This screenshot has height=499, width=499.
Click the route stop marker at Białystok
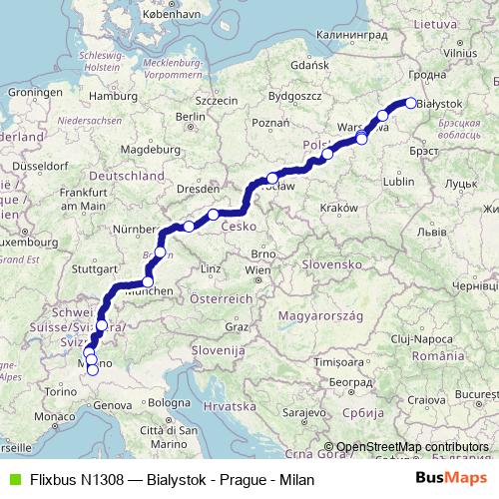(409, 102)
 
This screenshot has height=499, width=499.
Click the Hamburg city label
(111, 96)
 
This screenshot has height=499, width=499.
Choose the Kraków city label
(339, 207)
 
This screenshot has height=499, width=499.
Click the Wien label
(257, 269)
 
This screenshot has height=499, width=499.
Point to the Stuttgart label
(95, 268)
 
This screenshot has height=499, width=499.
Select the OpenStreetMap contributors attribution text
(412, 446)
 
